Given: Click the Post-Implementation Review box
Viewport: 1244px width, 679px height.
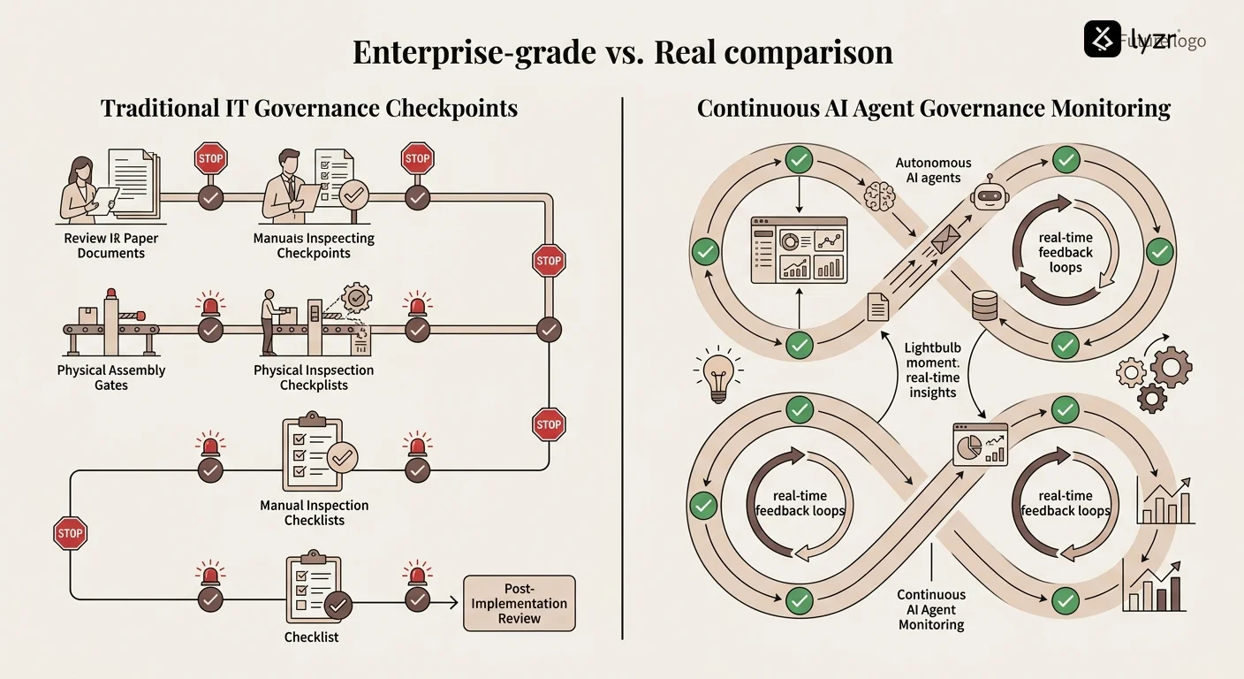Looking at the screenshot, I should (519, 604).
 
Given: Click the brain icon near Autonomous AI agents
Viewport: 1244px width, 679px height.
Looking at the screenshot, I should (880, 195).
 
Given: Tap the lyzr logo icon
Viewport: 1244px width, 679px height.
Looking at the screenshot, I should (1102, 40).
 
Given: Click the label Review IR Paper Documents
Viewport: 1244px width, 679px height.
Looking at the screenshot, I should (110, 246).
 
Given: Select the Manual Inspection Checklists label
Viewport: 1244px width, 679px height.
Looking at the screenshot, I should (314, 513).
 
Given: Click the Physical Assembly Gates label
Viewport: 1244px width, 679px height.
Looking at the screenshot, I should (110, 378).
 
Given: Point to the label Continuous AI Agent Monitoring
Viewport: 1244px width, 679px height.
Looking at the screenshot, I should (931, 610).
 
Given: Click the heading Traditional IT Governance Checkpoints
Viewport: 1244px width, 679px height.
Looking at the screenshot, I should (308, 109).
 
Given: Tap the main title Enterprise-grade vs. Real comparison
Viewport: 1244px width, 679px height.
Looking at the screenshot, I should (622, 52).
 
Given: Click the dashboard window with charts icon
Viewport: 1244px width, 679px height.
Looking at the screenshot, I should (799, 250).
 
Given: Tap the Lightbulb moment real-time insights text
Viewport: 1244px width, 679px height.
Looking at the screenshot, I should (932, 370).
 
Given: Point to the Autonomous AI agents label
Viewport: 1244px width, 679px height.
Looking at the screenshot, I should (933, 171).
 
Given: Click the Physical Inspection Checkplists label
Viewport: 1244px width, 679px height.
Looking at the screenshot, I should (314, 378).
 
